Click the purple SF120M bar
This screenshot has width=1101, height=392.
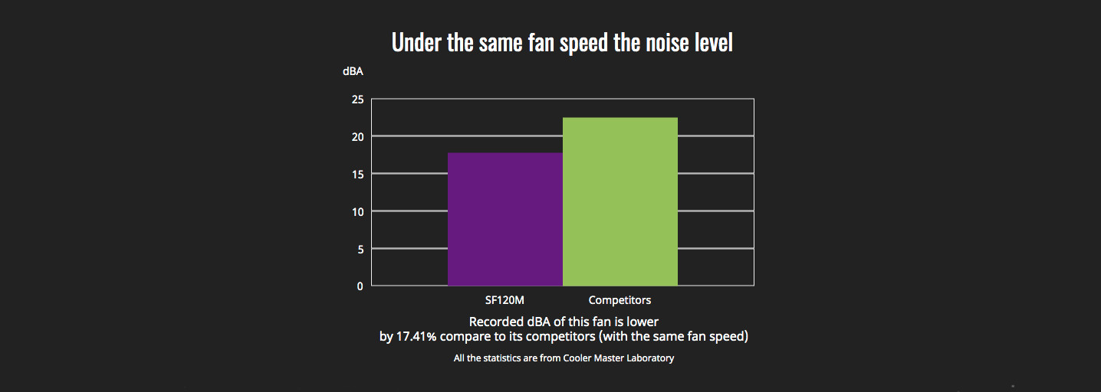tap(505, 219)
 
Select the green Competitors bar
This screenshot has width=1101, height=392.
tap(620, 201)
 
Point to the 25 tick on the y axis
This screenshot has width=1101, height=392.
tap(358, 100)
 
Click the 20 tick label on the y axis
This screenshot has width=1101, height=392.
tap(358, 137)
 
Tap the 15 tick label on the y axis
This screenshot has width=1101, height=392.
tap(358, 175)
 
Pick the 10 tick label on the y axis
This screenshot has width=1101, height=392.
tap(358, 212)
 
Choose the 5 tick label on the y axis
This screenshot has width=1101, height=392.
tap(361, 250)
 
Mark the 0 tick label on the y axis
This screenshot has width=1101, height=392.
tap(360, 286)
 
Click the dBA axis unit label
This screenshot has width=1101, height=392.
tap(353, 72)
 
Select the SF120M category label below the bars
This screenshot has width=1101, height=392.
tap(504, 300)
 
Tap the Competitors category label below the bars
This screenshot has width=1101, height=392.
tap(620, 300)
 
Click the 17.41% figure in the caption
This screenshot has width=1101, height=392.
tap(416, 337)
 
